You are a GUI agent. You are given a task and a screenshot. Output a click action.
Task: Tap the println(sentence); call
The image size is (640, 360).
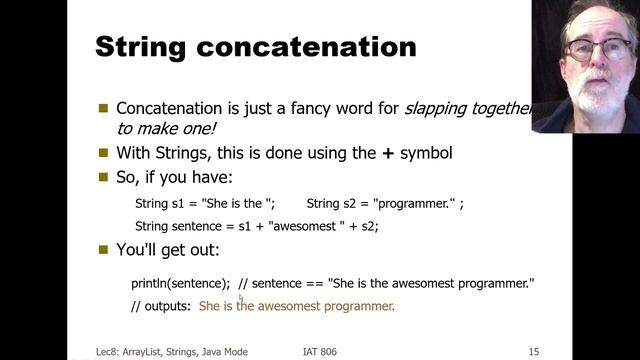click(180, 284)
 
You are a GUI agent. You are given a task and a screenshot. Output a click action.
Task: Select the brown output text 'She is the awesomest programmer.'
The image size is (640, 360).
click(297, 306)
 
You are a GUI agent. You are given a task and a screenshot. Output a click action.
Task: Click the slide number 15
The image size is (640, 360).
click(534, 351)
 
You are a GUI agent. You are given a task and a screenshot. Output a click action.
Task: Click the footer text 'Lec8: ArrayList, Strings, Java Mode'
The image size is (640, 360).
click(165, 351)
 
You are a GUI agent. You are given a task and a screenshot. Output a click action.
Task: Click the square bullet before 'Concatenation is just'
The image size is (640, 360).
click(103, 109)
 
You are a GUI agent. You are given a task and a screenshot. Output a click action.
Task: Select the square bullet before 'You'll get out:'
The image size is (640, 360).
click(103, 250)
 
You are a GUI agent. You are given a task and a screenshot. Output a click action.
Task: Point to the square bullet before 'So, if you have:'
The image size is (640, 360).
click(103, 177)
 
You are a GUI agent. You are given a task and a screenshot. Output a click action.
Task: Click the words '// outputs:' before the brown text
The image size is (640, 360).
click(161, 306)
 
